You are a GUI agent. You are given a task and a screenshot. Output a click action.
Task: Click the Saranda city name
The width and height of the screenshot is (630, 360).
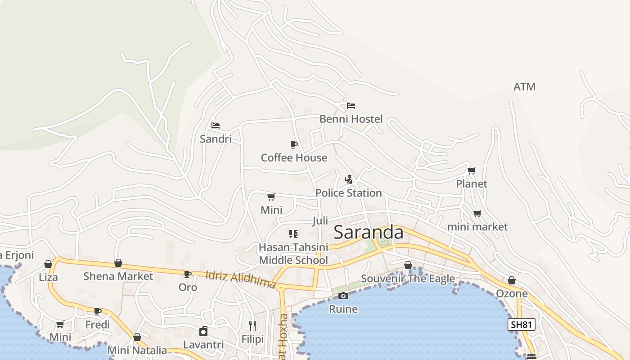click(368, 232)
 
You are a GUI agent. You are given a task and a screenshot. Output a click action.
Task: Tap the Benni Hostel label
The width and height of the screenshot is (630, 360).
click(351, 119)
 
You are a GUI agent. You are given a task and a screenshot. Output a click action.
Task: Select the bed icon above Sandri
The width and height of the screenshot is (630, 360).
click(216, 125)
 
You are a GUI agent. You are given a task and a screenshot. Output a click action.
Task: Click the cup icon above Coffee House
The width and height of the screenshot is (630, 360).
click(294, 144)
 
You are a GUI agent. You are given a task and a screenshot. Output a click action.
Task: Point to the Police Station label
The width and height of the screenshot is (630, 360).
click(348, 193)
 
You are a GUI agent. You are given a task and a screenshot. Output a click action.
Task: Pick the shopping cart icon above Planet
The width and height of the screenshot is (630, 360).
click(471, 171)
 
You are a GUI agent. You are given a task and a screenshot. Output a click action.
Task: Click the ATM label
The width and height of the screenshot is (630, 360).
click(524, 87)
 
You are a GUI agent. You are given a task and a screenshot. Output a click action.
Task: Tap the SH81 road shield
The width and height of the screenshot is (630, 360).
click(521, 324)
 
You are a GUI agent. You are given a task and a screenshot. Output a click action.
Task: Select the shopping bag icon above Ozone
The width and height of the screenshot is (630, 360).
click(512, 280)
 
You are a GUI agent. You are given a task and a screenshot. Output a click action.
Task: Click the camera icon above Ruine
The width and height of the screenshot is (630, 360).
click(343, 296)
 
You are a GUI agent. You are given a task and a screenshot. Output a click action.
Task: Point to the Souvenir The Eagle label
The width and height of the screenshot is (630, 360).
click(408, 279)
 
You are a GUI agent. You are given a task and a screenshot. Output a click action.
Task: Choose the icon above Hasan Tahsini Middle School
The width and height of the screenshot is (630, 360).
click(293, 234)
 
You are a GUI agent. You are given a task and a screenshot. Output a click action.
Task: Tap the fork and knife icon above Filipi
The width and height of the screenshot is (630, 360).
click(252, 325)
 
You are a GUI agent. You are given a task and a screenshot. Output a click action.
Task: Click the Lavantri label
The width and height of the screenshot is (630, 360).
click(203, 345)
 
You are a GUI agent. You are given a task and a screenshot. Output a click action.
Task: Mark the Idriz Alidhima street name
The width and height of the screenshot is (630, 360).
click(240, 279)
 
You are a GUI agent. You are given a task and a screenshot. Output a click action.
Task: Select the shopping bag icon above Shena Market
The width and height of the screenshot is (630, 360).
click(118, 263)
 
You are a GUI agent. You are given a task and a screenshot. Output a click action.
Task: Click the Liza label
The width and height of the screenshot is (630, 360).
click(48, 277)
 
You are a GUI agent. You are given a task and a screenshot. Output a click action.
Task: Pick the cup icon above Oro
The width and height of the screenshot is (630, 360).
click(188, 274)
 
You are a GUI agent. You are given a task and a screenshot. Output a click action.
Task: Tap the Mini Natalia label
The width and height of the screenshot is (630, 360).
click(137, 350)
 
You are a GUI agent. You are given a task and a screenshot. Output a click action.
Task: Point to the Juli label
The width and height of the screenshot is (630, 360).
click(320, 221)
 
